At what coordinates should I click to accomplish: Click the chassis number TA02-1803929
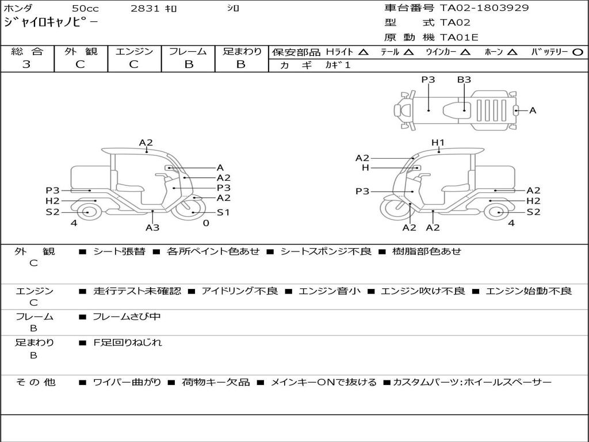(x=484, y=8)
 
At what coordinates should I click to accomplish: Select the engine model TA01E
(x=458, y=37)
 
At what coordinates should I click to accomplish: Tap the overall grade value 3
(x=26, y=64)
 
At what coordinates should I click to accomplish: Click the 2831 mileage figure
(x=144, y=9)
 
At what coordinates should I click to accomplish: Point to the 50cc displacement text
(x=85, y=9)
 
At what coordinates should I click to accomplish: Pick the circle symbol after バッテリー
(x=577, y=52)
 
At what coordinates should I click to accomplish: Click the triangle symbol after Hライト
(x=363, y=52)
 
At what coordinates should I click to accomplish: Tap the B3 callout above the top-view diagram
(x=464, y=80)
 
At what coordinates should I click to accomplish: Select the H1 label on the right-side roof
(x=438, y=143)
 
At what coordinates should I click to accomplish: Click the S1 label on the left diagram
(x=223, y=212)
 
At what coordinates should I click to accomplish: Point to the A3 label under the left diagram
(x=152, y=227)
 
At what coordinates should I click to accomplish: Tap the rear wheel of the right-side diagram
(x=497, y=212)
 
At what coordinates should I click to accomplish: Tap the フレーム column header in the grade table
(x=188, y=51)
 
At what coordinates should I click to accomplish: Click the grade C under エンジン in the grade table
(x=133, y=64)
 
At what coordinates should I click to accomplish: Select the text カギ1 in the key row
(x=338, y=65)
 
